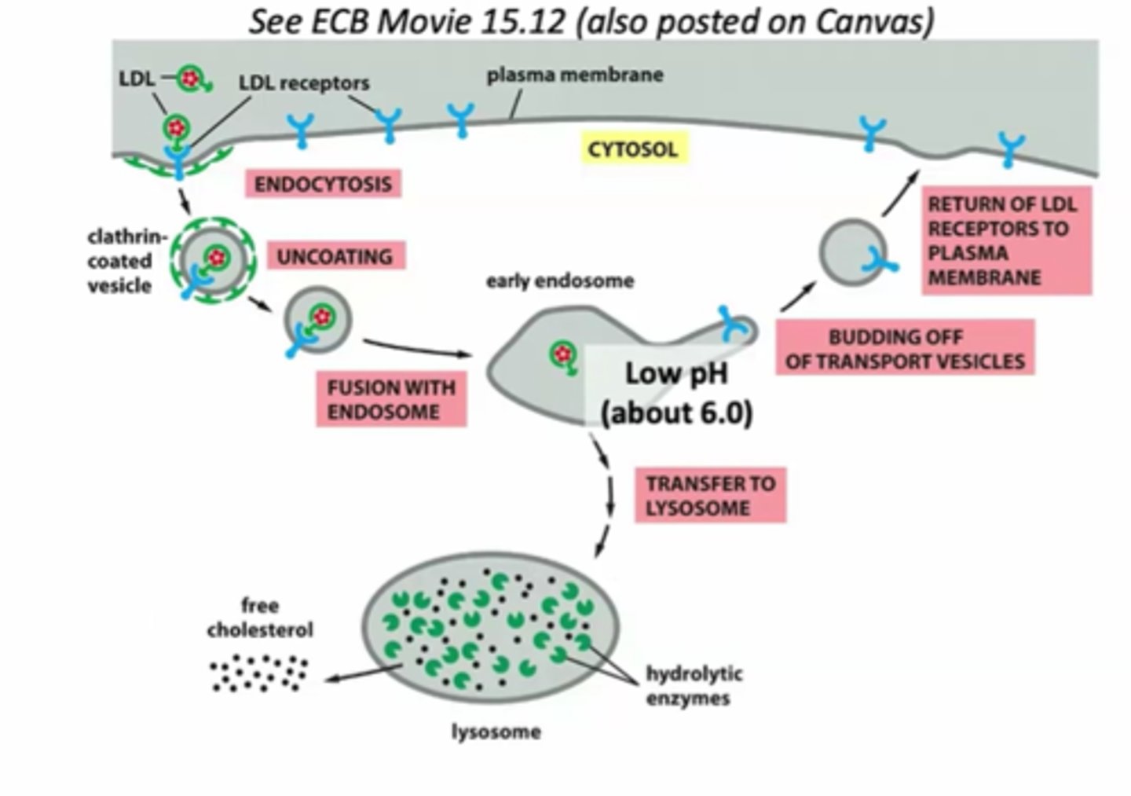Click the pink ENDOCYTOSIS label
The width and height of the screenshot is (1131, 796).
(323, 184)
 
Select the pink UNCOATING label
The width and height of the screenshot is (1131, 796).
(335, 256)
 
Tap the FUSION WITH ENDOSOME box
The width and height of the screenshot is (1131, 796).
(391, 399)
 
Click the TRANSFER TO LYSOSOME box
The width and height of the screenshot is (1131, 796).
(710, 495)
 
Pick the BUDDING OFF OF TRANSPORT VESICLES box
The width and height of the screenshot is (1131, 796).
(905, 348)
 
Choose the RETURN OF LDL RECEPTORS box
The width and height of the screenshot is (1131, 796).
(1005, 240)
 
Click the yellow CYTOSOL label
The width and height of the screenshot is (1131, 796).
(632, 149)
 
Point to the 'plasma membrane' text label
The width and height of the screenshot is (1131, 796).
(575, 75)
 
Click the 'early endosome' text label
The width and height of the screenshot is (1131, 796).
(559, 281)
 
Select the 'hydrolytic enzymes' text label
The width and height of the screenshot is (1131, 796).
(694, 685)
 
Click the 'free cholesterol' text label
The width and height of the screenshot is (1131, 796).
(260, 618)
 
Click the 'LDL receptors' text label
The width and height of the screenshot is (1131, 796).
(304, 83)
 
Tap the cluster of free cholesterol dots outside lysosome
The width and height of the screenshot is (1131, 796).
(258, 675)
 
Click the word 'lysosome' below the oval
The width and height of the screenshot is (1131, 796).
(496, 732)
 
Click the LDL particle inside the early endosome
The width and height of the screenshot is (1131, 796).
(562, 355)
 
